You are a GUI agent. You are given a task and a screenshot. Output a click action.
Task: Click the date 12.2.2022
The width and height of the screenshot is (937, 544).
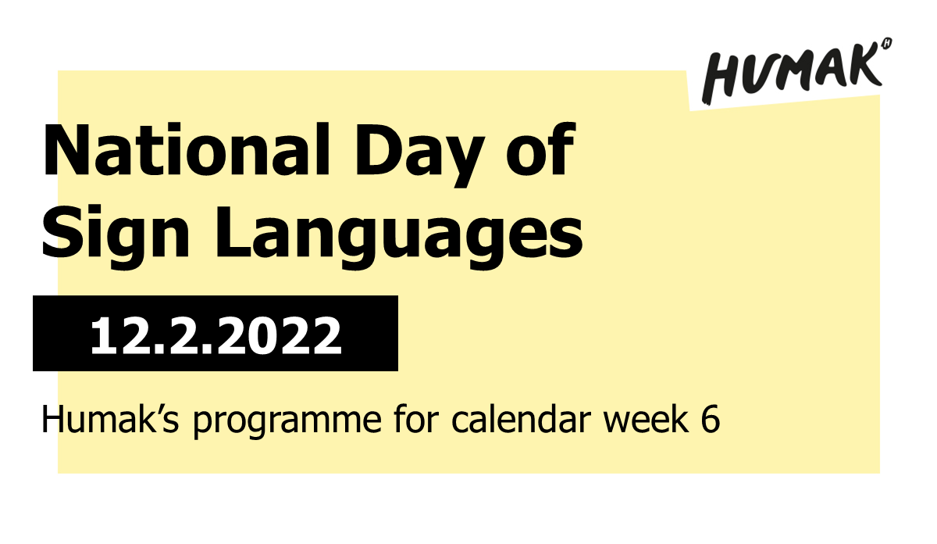pyautogui.click(x=216, y=335)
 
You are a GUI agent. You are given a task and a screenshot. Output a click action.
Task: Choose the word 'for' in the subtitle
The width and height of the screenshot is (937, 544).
pyautogui.click(x=425, y=421)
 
